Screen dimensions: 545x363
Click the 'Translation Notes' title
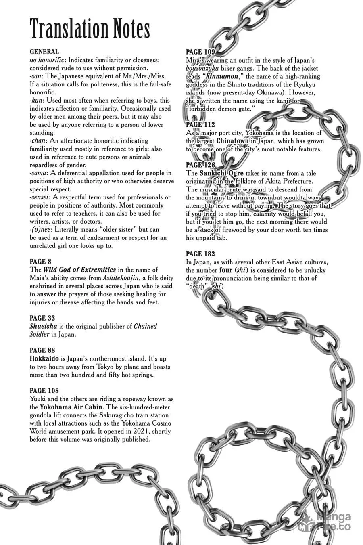90,29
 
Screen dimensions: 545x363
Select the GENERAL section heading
44,52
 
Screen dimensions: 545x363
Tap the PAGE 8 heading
41,262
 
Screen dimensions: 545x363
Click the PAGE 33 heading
42,318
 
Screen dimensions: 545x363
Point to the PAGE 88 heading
42,350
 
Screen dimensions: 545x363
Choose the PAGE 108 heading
44,391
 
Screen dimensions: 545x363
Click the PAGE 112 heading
200,124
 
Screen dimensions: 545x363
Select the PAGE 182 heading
200,254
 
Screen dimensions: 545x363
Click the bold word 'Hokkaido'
44,358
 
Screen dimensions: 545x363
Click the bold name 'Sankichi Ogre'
221,173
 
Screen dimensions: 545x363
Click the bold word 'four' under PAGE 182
225,270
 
